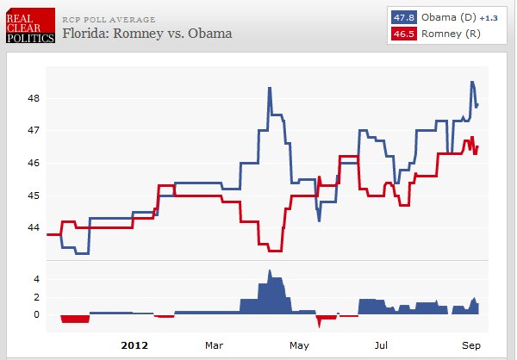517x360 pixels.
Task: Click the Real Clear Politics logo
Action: tap(29, 26)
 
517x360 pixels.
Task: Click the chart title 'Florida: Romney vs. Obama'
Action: tap(147, 34)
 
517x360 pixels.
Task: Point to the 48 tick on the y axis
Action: tap(34, 98)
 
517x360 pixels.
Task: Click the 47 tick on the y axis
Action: tap(34, 130)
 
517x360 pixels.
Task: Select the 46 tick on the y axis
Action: tap(34, 163)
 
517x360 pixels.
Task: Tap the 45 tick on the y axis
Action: tap(34, 196)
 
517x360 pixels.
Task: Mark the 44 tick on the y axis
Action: tap(34, 227)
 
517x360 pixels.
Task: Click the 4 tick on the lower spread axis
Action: tap(37, 279)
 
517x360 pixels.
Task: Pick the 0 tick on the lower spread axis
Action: tap(37, 314)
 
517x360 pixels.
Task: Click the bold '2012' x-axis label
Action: tap(134, 345)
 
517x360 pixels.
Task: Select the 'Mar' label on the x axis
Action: tap(214, 345)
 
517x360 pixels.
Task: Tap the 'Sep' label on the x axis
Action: tap(470, 345)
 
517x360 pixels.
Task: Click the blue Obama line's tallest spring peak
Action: tap(270, 88)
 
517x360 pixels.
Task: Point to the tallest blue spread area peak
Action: tap(270, 272)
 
